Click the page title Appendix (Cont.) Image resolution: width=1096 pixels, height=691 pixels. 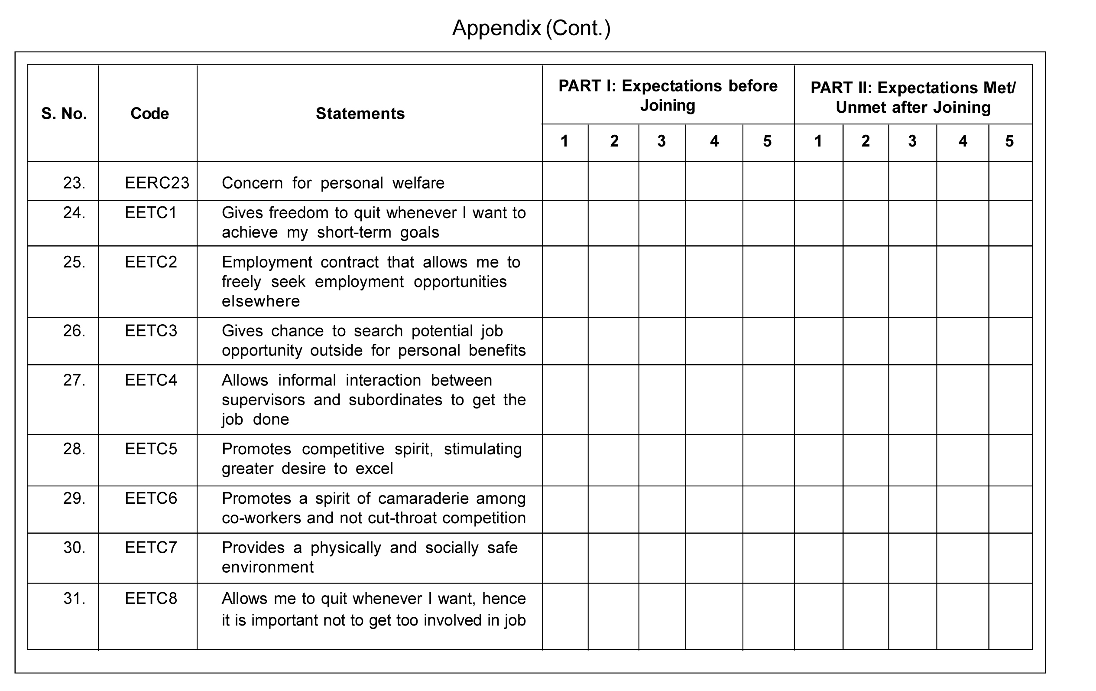[x=531, y=28]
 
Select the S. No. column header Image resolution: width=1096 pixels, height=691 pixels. [x=64, y=114]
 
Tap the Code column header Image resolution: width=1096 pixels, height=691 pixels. [x=149, y=114]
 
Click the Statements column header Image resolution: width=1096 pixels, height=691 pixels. [x=360, y=114]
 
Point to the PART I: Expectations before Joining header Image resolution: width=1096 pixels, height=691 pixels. [x=668, y=96]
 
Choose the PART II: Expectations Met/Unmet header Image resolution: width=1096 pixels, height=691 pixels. [x=913, y=98]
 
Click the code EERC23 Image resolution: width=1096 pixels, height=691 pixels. [x=157, y=183]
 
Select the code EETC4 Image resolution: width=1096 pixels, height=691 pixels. [x=151, y=380]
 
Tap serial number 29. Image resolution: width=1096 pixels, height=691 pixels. [x=74, y=499]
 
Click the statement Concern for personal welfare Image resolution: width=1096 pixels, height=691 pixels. [x=333, y=183]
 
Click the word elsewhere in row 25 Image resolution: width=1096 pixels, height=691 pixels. [x=261, y=301]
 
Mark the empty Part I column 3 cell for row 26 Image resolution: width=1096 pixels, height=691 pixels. [x=662, y=341]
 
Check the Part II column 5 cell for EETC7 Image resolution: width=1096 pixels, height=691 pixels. [x=1010, y=557]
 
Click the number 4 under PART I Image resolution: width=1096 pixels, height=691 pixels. [x=714, y=141]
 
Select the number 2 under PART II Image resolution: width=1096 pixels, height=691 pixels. [x=865, y=141]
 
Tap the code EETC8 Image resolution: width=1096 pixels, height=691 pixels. [x=151, y=598]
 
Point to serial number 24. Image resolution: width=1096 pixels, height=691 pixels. [x=74, y=213]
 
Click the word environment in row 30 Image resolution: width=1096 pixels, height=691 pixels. [x=268, y=567]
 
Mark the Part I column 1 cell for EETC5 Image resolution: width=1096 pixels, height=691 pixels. [x=565, y=460]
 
